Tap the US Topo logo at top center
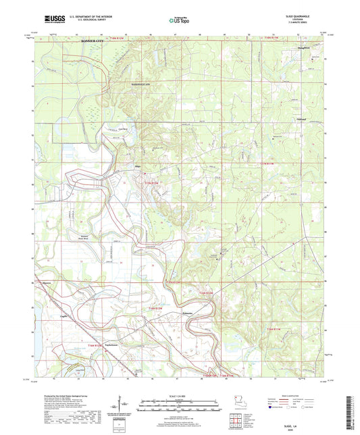tap(180, 21)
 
